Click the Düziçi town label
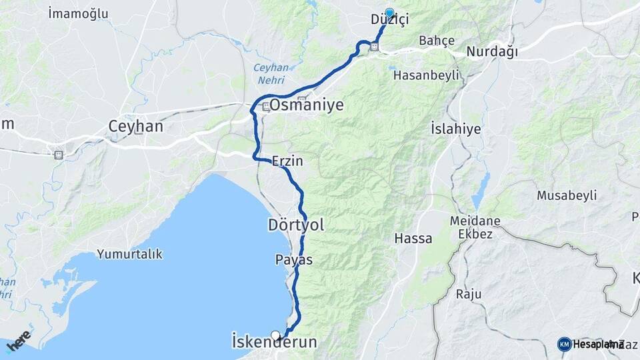click(x=389, y=20)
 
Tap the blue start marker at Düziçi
click(x=389, y=11)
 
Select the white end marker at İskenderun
click(x=275, y=335)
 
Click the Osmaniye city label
click(x=307, y=105)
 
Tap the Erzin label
click(x=287, y=161)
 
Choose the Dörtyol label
click(x=296, y=225)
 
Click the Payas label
click(x=293, y=259)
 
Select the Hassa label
click(x=413, y=238)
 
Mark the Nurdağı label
click(x=492, y=52)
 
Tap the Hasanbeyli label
click(x=427, y=75)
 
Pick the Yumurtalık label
click(x=129, y=254)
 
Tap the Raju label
click(x=468, y=294)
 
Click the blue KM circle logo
click(x=565, y=344)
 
